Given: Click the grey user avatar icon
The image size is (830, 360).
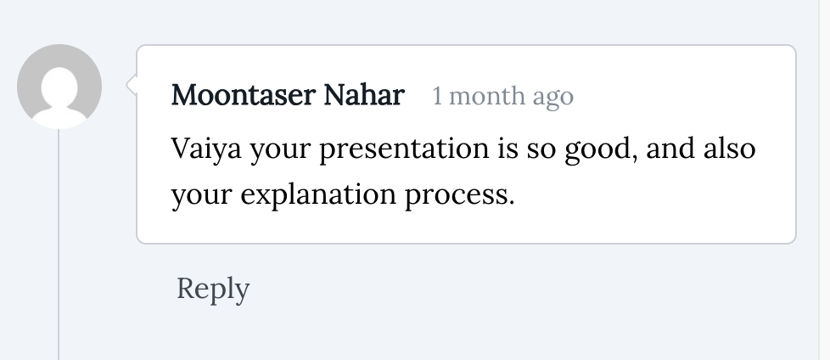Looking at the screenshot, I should pos(59,87).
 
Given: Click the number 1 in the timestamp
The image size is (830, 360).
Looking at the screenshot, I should pos(438,97).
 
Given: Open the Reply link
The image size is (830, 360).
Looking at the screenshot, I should pos(213,290).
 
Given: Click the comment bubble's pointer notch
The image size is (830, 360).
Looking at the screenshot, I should pos(132,84).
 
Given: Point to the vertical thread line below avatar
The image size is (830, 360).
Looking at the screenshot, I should pos(59,255).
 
